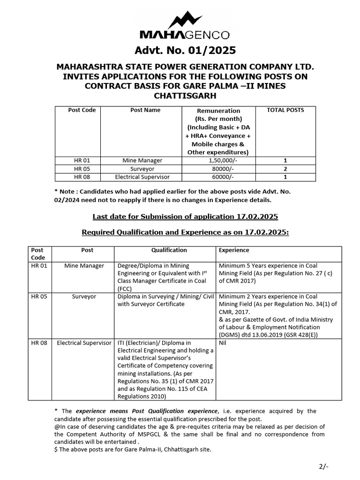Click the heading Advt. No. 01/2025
(x=185, y=50)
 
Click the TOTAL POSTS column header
(x=285, y=110)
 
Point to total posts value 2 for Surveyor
(x=285, y=169)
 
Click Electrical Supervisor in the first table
(x=142, y=177)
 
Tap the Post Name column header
(x=145, y=110)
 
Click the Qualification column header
(x=169, y=250)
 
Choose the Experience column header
(x=234, y=250)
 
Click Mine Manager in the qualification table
(x=87, y=266)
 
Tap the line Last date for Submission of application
(x=185, y=217)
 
